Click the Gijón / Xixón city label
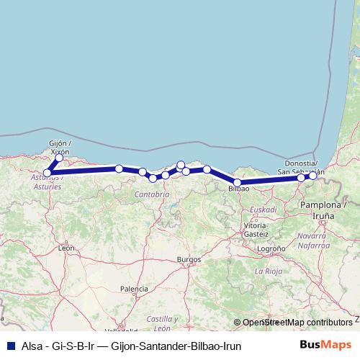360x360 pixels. point(58,148)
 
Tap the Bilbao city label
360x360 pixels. point(238,189)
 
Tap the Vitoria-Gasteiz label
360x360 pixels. point(256,230)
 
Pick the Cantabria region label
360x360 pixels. point(151,194)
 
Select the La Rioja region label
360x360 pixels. point(268,271)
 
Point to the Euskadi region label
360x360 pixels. point(264,210)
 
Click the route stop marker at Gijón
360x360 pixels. point(59,158)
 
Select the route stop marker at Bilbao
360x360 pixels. point(238,183)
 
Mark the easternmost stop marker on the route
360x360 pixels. point(312,176)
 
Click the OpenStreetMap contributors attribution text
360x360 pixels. point(297,323)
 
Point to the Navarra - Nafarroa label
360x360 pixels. point(312,240)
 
